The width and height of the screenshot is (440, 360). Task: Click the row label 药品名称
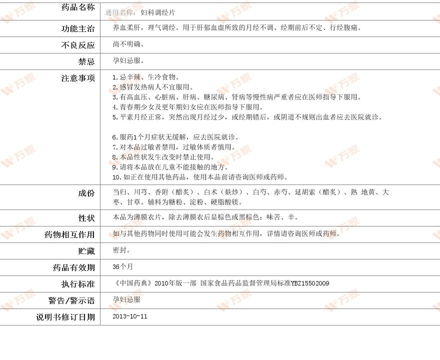(x=77, y=7)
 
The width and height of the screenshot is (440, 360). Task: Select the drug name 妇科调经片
(x=158, y=12)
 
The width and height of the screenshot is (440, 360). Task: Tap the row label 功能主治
(x=77, y=29)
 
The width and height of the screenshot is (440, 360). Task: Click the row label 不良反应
(x=77, y=45)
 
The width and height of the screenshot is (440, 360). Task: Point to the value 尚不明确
(x=128, y=44)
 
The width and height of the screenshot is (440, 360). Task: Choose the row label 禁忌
(x=86, y=61)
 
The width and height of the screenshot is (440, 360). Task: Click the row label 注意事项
(x=77, y=78)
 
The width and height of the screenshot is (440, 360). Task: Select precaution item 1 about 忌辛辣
(x=145, y=77)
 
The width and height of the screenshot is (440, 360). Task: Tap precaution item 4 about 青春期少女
(x=187, y=107)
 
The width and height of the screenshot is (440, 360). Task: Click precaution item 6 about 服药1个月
(x=175, y=137)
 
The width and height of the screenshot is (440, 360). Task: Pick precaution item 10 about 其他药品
(x=200, y=177)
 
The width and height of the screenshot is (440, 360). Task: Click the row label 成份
(x=86, y=193)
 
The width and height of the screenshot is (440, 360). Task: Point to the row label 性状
(x=86, y=218)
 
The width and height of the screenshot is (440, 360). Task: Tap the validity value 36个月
(x=123, y=266)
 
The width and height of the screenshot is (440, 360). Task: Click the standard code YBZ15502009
(x=310, y=283)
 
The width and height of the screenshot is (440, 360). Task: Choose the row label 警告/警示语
(x=71, y=300)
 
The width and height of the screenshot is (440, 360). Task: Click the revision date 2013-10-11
(x=130, y=316)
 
